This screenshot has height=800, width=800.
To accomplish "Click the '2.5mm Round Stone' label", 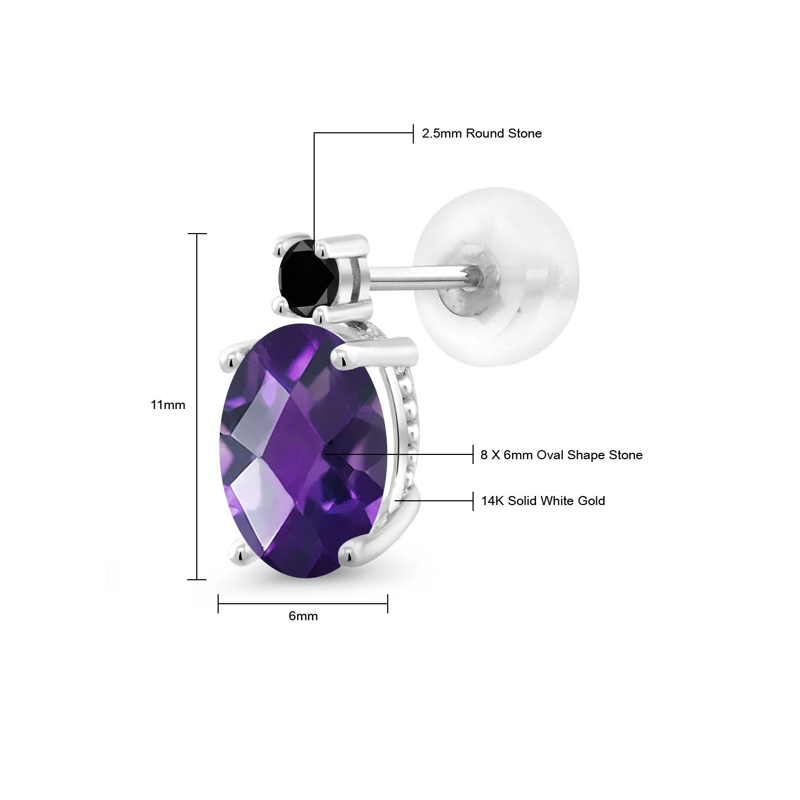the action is coord(482,133).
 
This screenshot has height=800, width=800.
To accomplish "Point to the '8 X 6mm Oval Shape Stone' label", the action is coord(562,455).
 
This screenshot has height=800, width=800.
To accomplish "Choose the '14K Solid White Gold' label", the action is coord(543,501).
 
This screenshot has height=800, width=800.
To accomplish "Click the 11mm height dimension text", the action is coord(168,405).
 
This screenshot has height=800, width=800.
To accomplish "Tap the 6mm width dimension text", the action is coord(303,616).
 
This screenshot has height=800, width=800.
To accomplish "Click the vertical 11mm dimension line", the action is coord(197,406).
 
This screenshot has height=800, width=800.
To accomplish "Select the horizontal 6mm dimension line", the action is coord(303,604).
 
